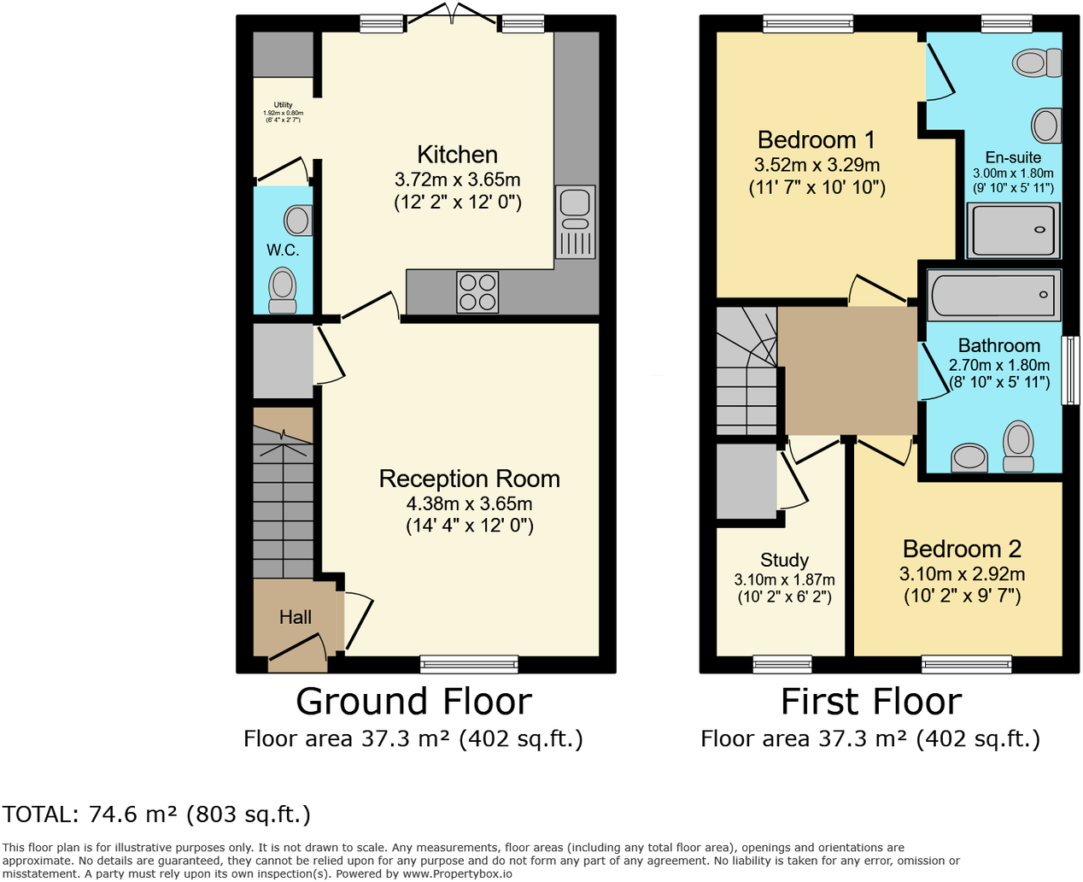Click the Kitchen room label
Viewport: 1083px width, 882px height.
click(457, 155)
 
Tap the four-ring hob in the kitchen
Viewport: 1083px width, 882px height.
click(477, 291)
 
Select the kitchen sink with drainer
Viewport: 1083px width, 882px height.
click(575, 221)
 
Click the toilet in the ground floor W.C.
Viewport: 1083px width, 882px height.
click(283, 291)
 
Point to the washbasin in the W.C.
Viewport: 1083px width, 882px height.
click(298, 220)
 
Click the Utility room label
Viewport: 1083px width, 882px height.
click(283, 105)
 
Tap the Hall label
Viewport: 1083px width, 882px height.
click(295, 617)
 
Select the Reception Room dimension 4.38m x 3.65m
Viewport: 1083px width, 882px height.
click(469, 503)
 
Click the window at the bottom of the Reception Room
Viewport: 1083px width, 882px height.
click(469, 663)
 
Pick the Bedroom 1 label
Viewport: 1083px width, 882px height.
click(816, 140)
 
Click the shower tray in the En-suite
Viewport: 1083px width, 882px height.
click(1013, 230)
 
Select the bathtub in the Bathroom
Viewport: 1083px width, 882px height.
click(992, 295)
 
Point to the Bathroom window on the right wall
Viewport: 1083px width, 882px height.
click(1069, 369)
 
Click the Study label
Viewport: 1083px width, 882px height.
click(784, 560)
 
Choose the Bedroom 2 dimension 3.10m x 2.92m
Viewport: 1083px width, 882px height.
click(962, 574)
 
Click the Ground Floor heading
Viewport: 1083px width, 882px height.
click(413, 702)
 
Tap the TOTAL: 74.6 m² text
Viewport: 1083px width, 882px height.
click(156, 814)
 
